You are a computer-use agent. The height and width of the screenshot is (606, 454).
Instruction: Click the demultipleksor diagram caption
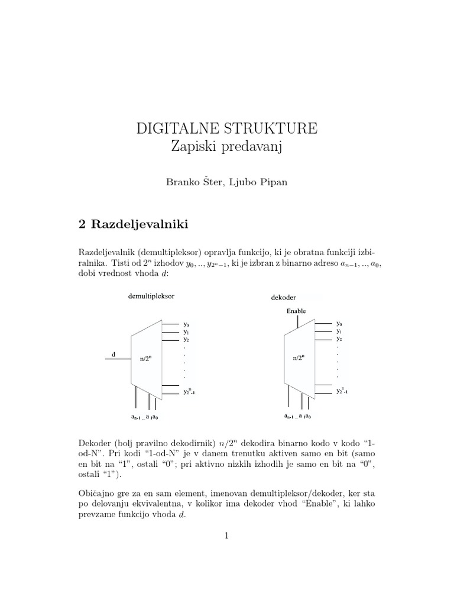tap(151, 295)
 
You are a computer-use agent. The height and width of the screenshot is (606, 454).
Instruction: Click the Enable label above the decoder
tap(296, 310)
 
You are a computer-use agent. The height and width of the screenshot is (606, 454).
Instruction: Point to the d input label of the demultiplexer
tap(113, 354)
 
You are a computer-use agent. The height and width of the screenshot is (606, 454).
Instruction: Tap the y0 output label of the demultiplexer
tap(186, 324)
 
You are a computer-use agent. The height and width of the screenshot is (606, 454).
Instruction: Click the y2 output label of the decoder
tap(339, 339)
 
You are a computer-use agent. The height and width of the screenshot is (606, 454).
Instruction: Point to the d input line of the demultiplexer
tap(118, 359)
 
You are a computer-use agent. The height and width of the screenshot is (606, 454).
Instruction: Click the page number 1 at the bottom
tap(226, 536)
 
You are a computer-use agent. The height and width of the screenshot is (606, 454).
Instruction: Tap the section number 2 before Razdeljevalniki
tap(82, 224)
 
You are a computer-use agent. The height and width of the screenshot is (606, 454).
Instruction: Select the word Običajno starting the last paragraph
tap(96, 493)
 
